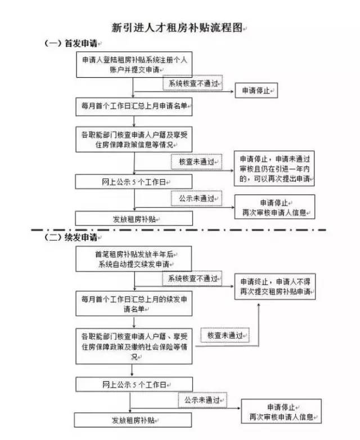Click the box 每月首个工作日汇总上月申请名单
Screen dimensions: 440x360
(133, 105)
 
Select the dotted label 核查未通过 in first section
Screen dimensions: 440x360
(197, 161)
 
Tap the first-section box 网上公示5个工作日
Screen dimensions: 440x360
(133, 182)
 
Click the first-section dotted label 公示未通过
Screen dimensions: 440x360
(197, 199)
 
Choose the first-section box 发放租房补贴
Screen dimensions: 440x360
(133, 218)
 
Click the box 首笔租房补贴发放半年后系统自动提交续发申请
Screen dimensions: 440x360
(134, 259)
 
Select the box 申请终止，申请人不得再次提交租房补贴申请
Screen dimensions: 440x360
(274, 286)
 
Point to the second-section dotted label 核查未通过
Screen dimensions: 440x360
(224, 335)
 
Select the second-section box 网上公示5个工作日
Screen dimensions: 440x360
(134, 384)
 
